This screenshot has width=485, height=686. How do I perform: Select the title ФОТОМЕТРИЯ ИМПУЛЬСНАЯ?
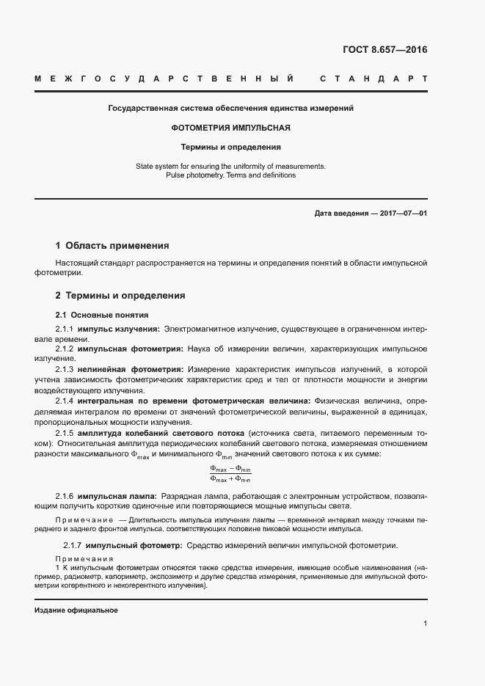pyautogui.click(x=230, y=127)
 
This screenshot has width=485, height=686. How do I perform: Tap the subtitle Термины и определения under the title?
pyautogui.click(x=230, y=147)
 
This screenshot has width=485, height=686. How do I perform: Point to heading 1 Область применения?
pyautogui.click(x=112, y=245)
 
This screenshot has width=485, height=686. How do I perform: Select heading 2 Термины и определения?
pyautogui.click(x=120, y=296)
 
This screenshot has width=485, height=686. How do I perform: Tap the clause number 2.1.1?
pyautogui.click(x=65, y=329)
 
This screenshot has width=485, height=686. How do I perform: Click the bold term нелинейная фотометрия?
pyautogui.click(x=131, y=368)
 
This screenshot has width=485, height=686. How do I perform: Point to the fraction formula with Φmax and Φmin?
pyautogui.click(x=230, y=475)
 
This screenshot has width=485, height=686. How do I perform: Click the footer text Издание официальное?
pyautogui.click(x=76, y=610)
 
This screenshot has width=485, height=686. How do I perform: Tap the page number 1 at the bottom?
pyautogui.click(x=425, y=624)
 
